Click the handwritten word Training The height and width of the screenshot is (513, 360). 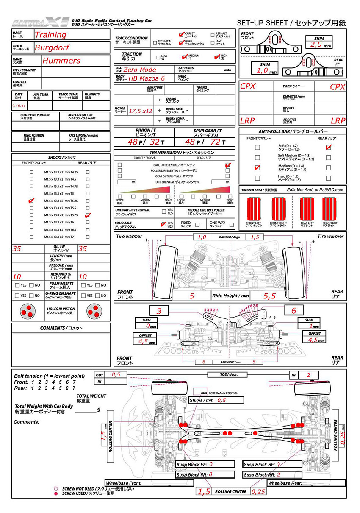(50, 35)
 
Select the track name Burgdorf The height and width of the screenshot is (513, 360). (51, 47)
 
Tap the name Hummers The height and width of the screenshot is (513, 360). (61, 61)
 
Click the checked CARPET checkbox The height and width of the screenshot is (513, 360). (181, 35)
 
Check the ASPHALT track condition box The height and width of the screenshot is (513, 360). (213, 35)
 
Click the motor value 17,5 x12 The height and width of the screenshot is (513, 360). (141, 111)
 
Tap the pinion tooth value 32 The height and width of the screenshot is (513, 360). (155, 142)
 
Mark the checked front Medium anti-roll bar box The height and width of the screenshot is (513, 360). (257, 167)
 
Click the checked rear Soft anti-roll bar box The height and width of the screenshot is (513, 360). (328, 148)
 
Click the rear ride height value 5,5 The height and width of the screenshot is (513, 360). (269, 296)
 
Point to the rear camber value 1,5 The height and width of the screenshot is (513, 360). (255, 237)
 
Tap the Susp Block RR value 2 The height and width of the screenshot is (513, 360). (278, 475)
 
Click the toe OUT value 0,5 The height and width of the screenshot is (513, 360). (116, 375)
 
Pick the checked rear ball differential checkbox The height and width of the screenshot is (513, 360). (228, 164)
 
